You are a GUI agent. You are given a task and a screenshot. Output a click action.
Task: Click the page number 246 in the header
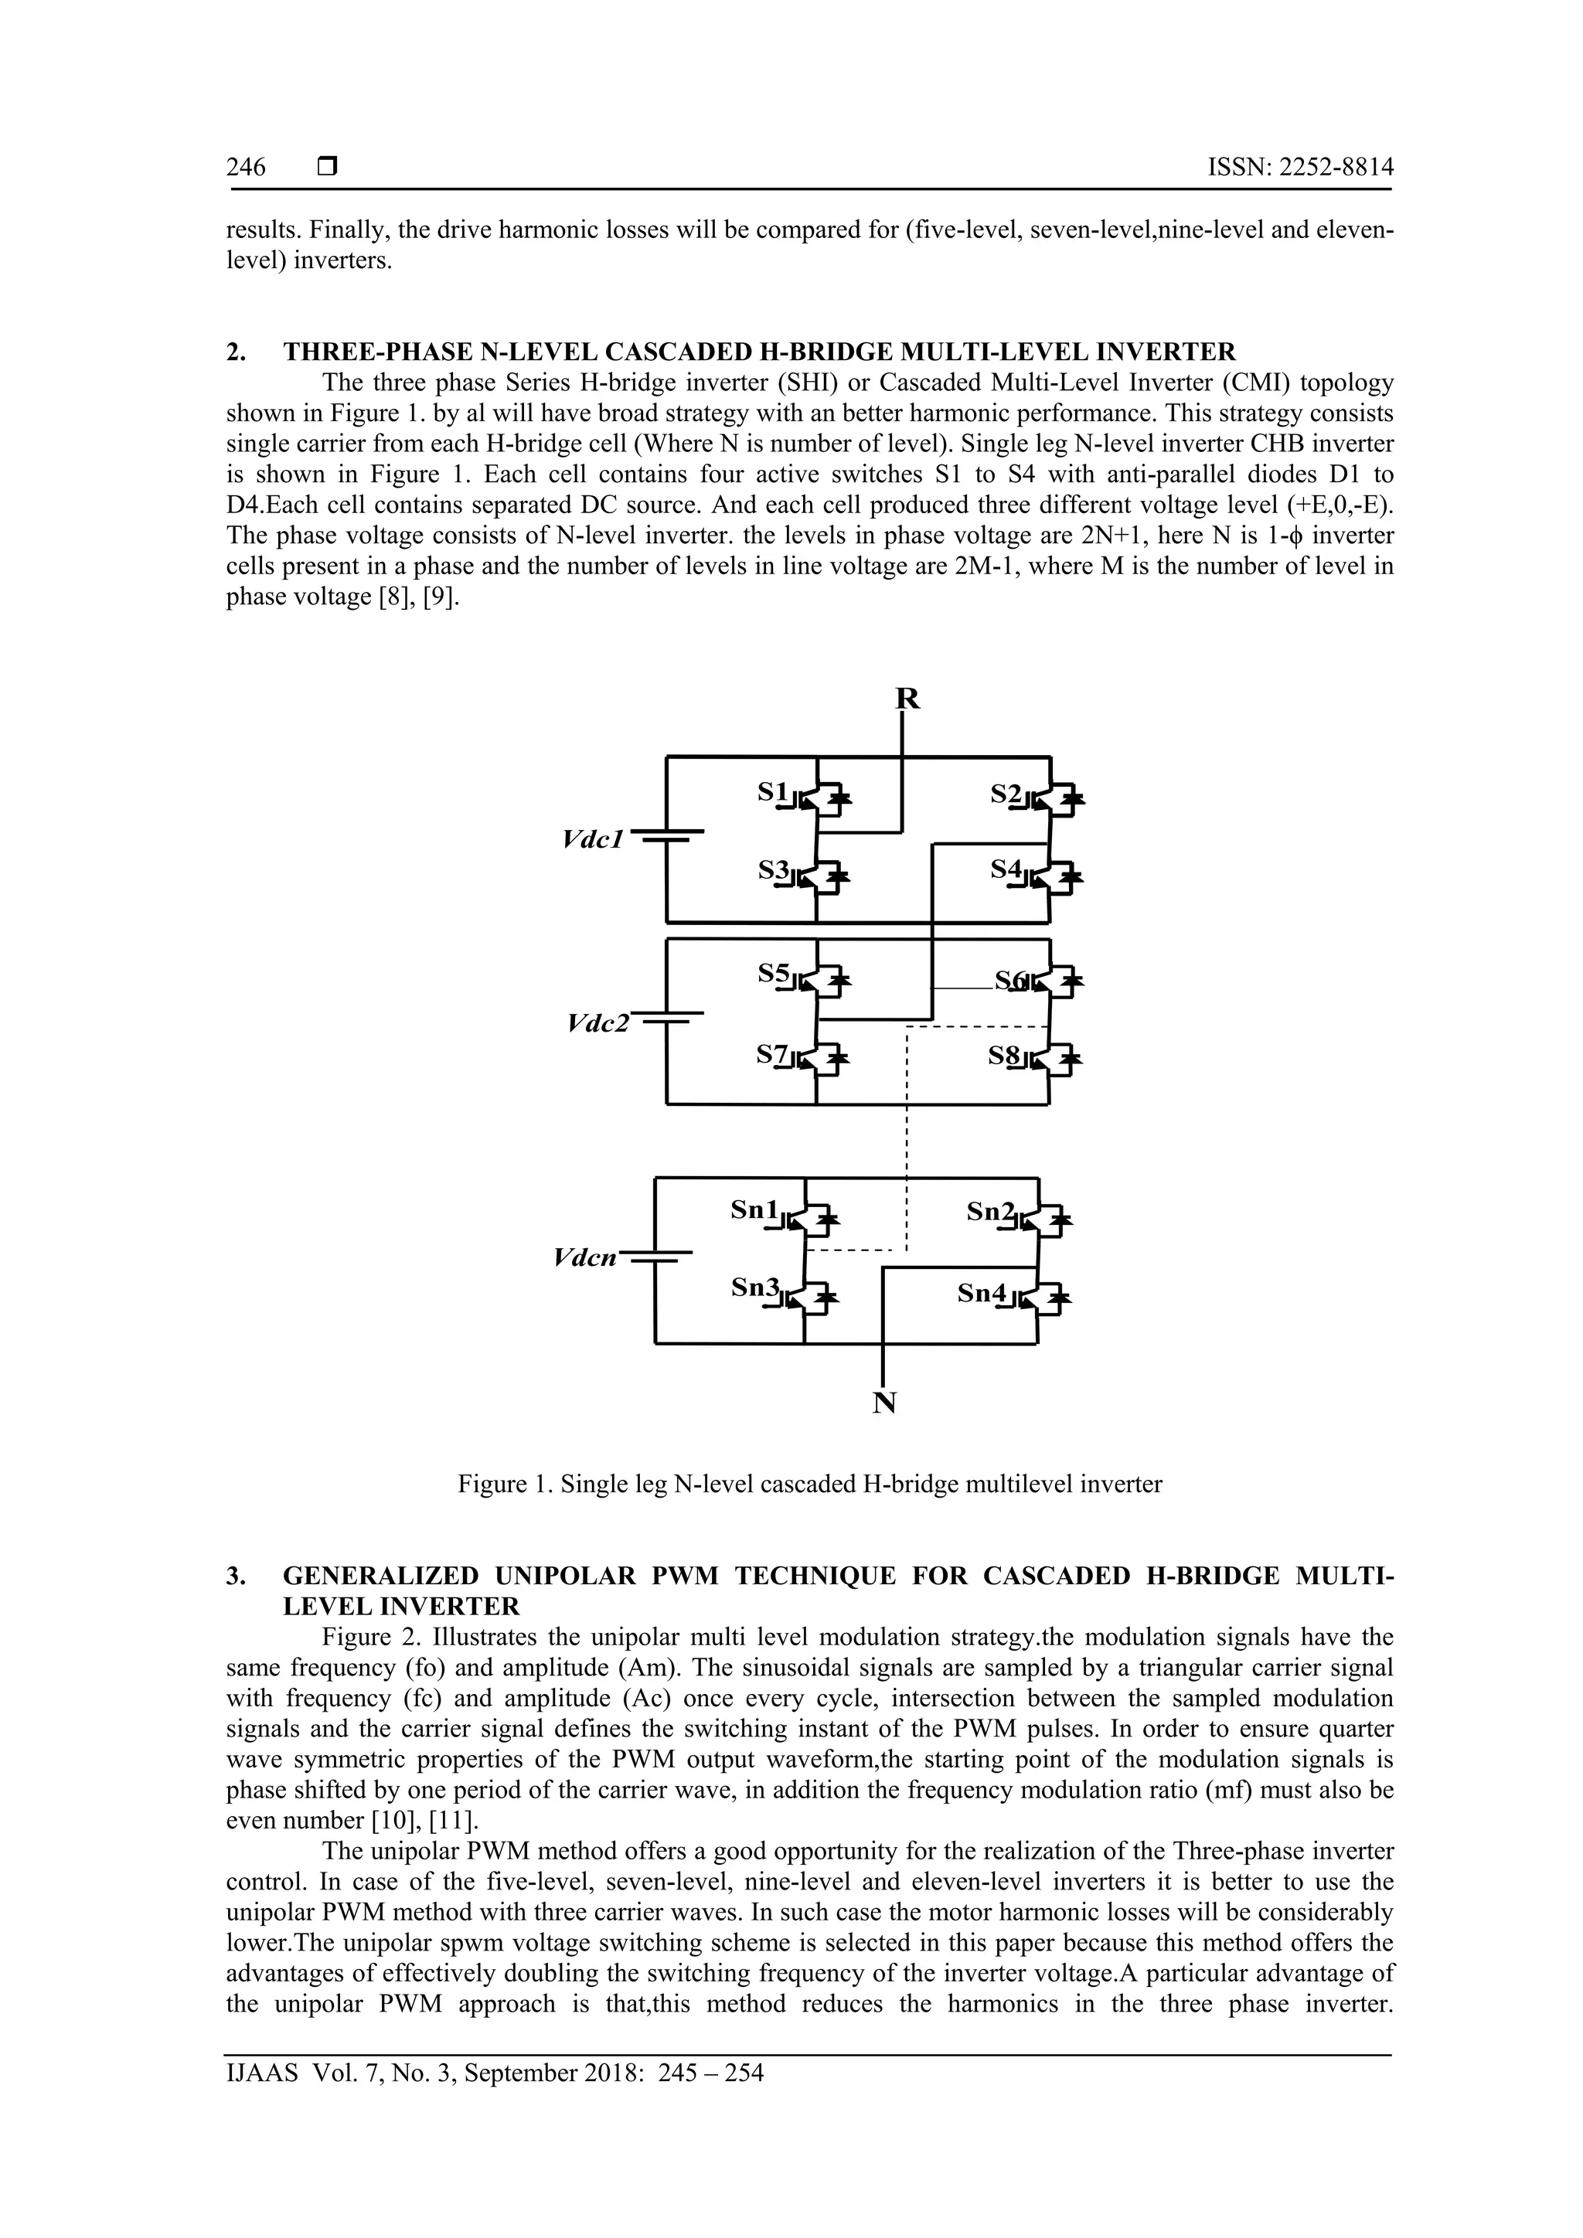point(246,168)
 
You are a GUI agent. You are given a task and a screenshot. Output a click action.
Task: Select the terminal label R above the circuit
point(907,699)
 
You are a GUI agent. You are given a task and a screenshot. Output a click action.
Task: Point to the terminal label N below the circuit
point(884,1403)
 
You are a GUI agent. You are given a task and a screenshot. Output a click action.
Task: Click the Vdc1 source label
point(593,839)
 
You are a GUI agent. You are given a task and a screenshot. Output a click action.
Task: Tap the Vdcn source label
point(585,1257)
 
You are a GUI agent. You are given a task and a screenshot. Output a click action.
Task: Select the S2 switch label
point(1005,794)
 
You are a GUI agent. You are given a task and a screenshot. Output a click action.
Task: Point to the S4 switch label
point(1005,868)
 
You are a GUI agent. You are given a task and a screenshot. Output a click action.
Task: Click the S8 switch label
point(1003,1055)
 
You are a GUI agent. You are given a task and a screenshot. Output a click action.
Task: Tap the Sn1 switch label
point(755,1209)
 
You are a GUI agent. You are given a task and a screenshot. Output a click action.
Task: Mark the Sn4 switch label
point(982,1294)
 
